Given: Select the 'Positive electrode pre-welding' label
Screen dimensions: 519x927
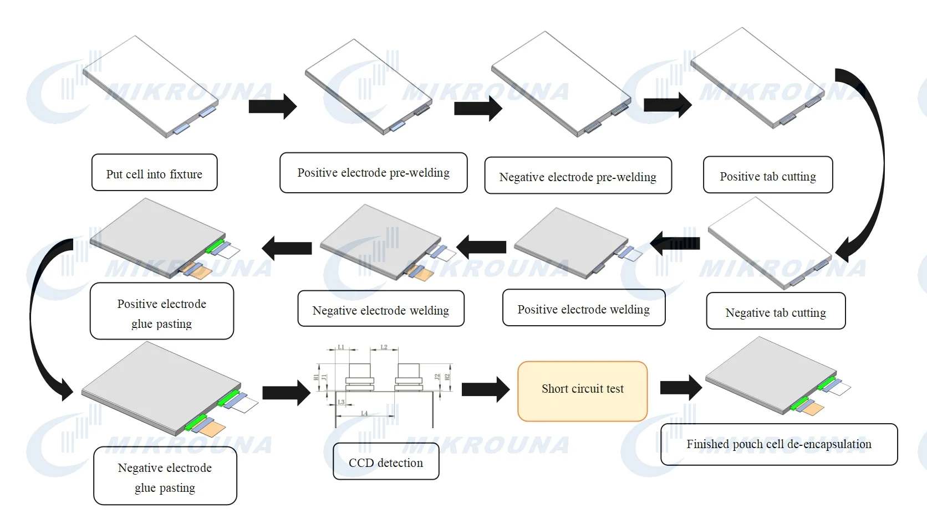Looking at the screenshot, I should pyautogui.click(x=373, y=173).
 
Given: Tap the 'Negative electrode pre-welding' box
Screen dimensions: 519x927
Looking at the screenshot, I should pyautogui.click(x=578, y=176).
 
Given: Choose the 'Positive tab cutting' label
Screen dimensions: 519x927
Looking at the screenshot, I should pyautogui.click(x=767, y=176).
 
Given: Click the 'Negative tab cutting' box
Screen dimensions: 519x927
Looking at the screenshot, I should pyautogui.click(x=775, y=312).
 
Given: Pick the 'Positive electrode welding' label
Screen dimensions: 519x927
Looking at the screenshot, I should pyautogui.click(x=583, y=309).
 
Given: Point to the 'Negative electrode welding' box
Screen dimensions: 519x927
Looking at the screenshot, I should pyautogui.click(x=380, y=310).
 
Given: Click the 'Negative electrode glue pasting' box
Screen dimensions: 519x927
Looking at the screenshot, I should pyautogui.click(x=165, y=477).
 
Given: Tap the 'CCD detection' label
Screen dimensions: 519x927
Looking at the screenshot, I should pyautogui.click(x=385, y=462).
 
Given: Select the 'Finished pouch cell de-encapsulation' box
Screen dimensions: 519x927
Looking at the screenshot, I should pyautogui.click(x=778, y=444).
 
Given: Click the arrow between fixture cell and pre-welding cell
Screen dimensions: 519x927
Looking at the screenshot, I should pyautogui.click(x=272, y=106).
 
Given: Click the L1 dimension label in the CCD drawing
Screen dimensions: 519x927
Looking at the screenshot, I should pyautogui.click(x=341, y=347).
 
